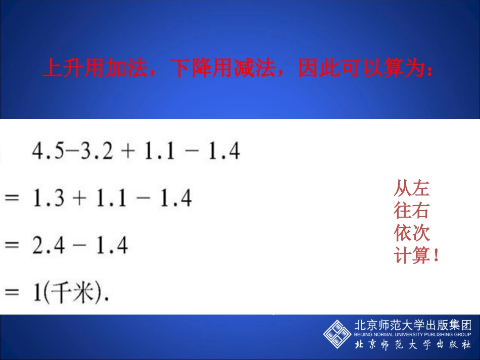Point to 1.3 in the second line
coord(49,198)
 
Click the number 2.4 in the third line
coord(49,246)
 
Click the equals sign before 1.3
coord(12,199)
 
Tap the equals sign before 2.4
coord(12,246)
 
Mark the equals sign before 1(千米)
coord(12,293)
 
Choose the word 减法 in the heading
coord(251,69)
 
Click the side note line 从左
coord(411,189)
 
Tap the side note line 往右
coord(411,211)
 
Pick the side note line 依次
coord(411,233)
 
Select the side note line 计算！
coord(416,255)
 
